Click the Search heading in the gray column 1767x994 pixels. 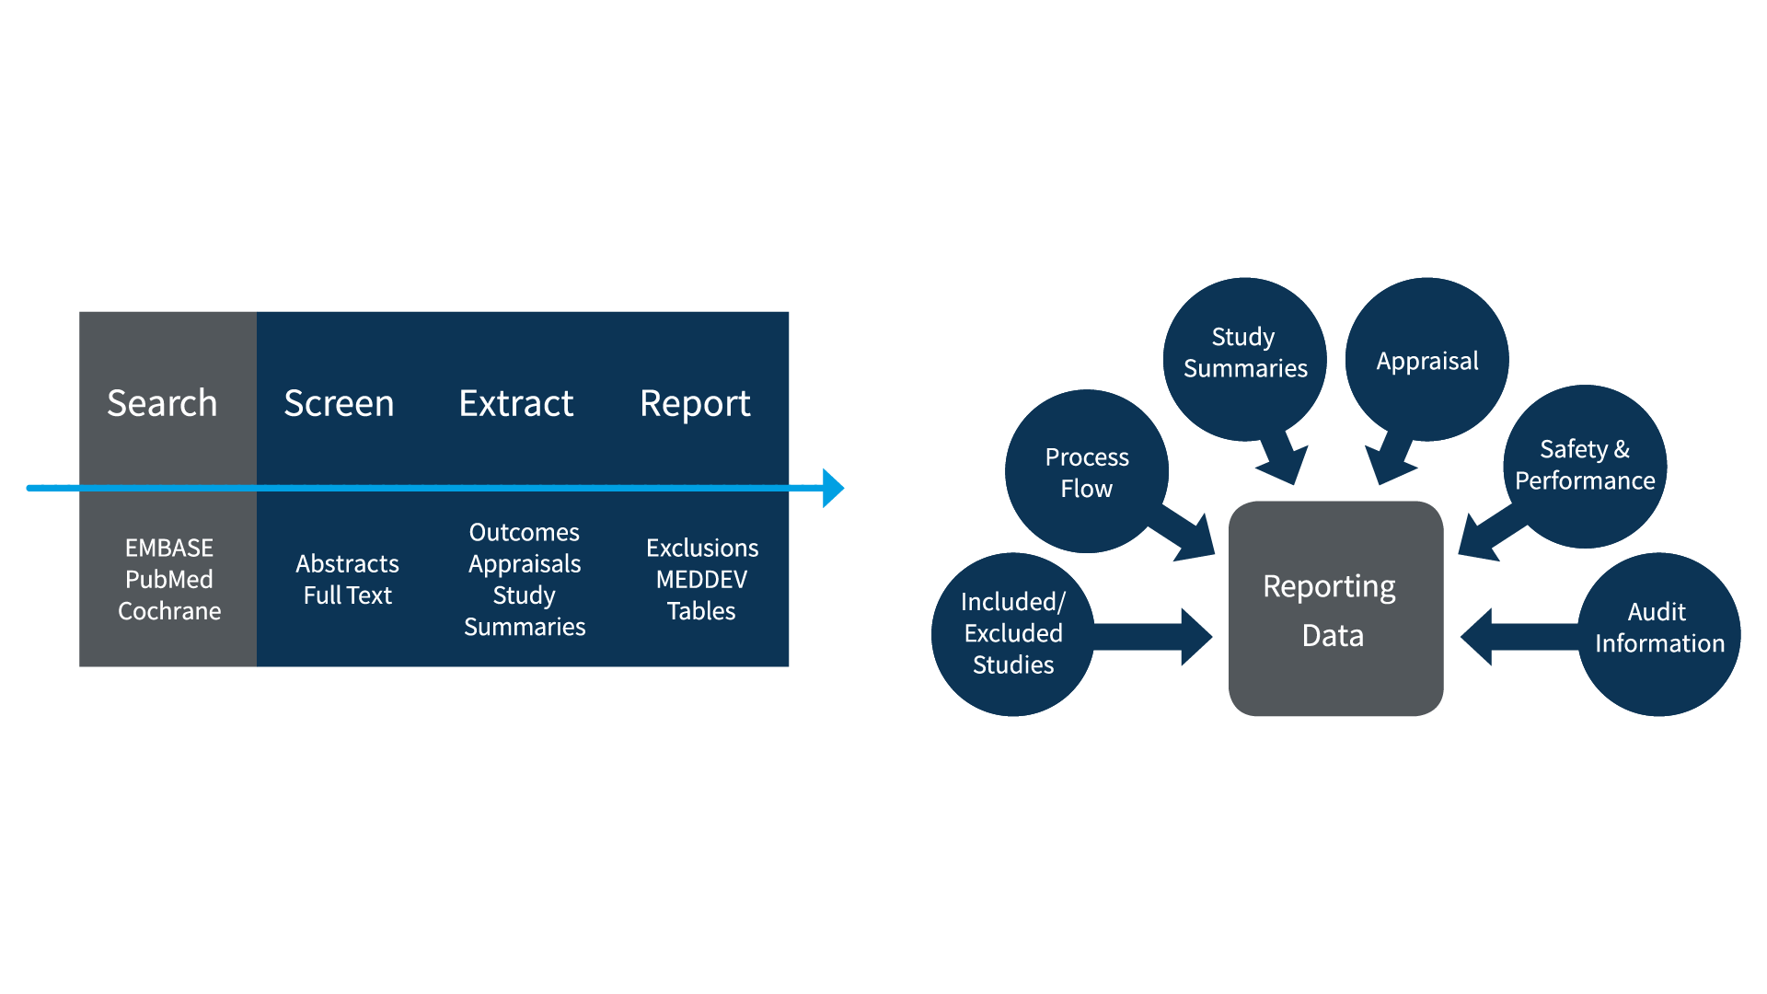162,403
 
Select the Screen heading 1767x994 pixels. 339,403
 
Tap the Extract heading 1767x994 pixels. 515,403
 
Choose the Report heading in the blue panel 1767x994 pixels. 695,403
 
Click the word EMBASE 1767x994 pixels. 169,548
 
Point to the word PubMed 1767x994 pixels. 169,579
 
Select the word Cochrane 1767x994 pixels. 169,611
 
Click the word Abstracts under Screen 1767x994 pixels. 347,563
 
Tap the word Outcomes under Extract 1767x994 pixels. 524,532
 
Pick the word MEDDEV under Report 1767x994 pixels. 701,579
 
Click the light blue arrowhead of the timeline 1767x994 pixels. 832,488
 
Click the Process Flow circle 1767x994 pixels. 1086,472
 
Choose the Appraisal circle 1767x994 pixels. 1426,361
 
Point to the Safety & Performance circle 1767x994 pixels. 1585,465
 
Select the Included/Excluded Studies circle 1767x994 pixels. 1012,633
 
